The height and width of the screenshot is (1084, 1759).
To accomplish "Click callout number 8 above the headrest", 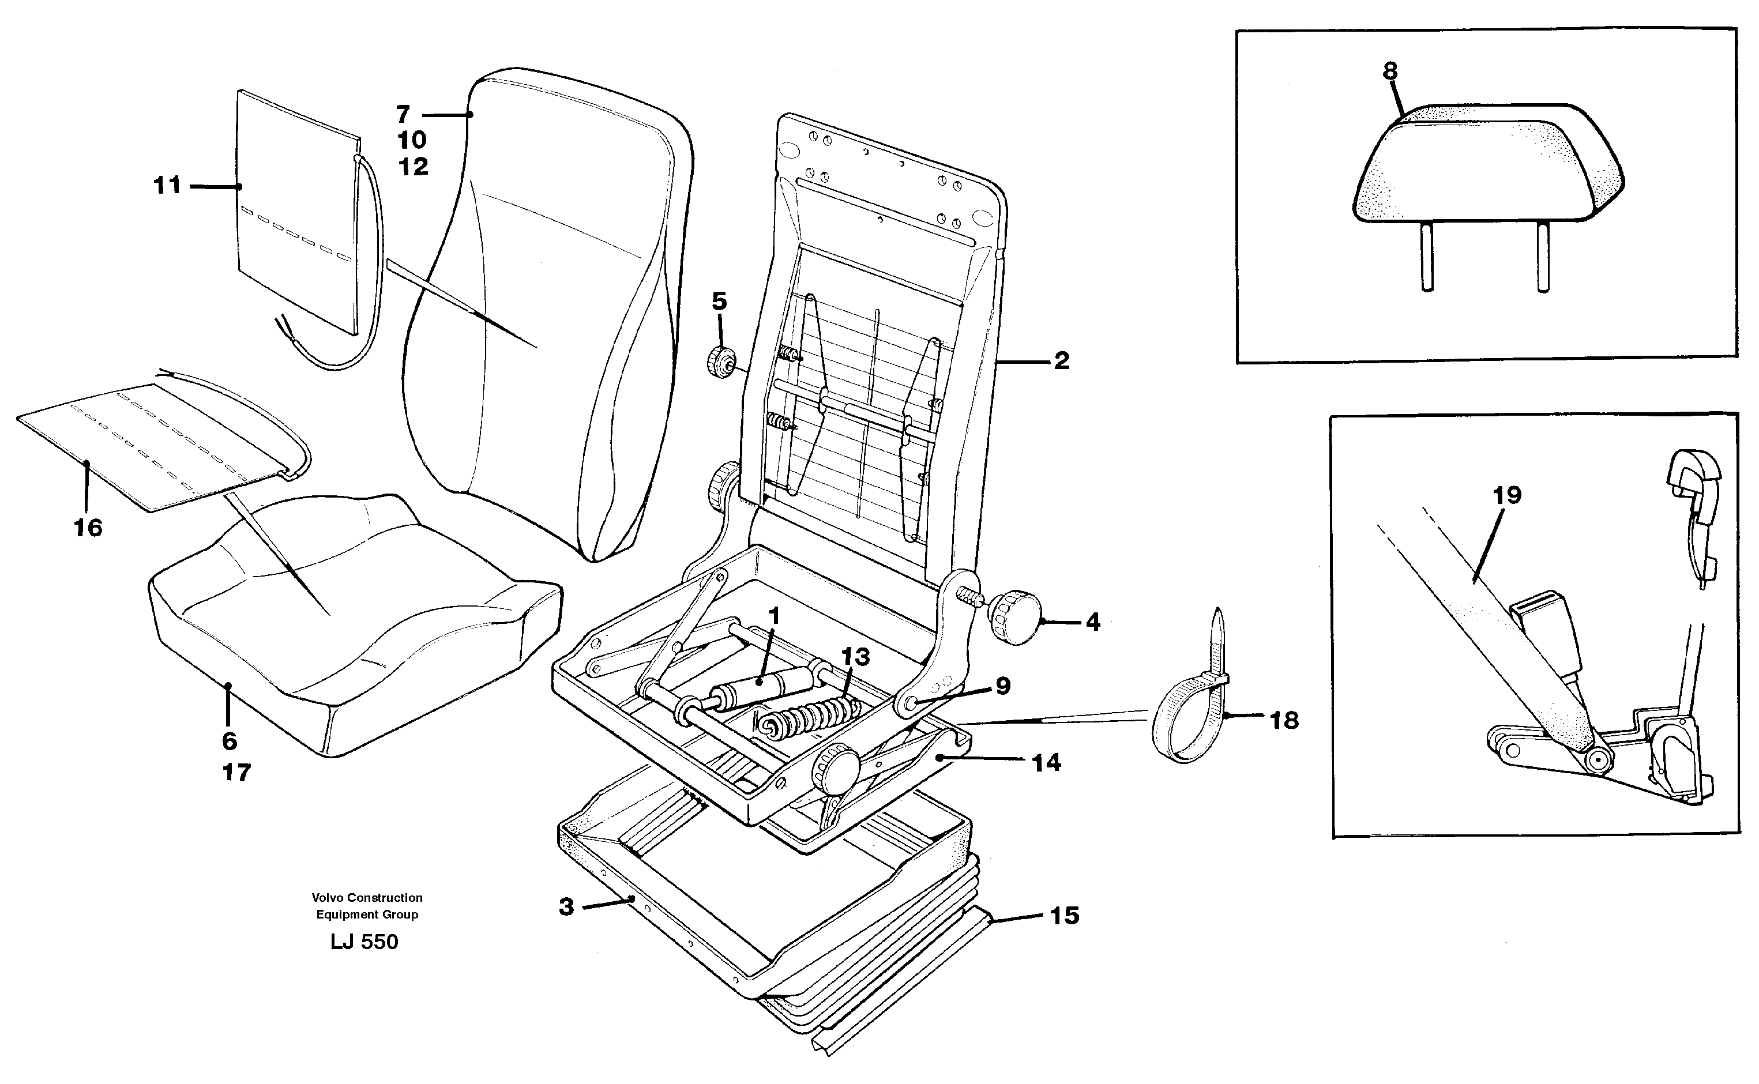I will [1390, 71].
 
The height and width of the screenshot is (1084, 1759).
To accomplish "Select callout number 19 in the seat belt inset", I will [1506, 495].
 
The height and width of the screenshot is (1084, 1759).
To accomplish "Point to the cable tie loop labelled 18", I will [1183, 724].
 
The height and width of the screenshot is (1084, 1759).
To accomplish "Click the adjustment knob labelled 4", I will [1016, 616].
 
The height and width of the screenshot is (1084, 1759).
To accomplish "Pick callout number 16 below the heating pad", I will [88, 528].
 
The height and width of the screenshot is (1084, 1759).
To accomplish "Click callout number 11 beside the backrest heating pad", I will [167, 186].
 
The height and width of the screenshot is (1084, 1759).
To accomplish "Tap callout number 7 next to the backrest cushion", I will [403, 114].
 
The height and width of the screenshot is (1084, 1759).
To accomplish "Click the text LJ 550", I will [364, 942].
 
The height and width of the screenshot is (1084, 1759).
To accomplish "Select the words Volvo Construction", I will [367, 898].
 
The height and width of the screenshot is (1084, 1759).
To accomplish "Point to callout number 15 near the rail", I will [1064, 916].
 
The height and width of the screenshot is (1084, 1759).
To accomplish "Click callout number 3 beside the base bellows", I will [566, 907].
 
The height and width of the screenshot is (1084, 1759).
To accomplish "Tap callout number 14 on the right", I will [1046, 763].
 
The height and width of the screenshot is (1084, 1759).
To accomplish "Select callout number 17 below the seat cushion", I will [236, 773].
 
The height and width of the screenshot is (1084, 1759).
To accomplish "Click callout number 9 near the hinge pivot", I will [1003, 686].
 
